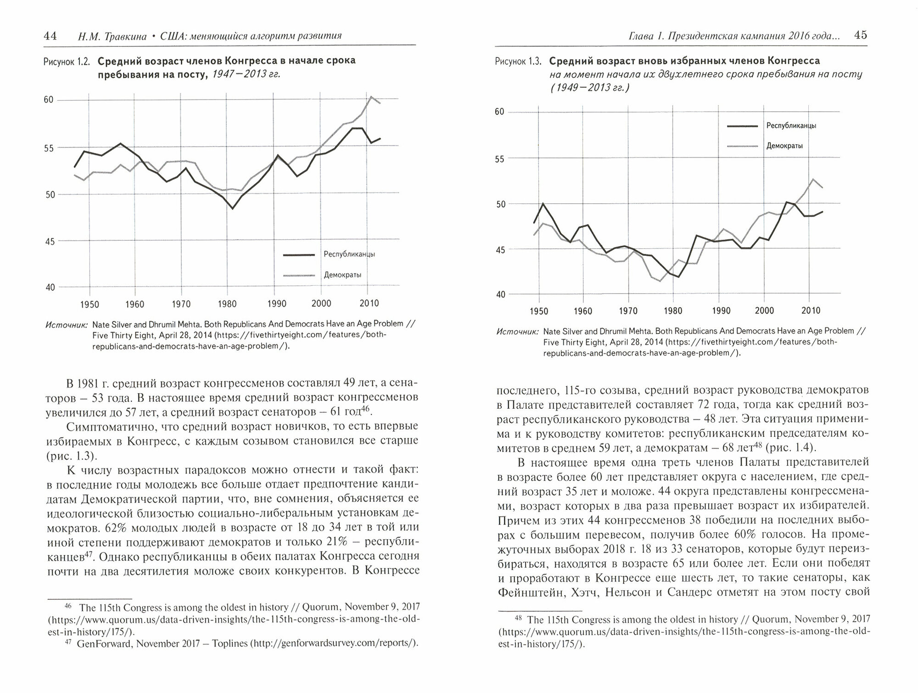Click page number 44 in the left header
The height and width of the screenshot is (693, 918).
50,36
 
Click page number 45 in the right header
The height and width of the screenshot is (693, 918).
861,35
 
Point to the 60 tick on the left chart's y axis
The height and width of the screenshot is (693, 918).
49,100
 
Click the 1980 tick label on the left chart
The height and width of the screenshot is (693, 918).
228,304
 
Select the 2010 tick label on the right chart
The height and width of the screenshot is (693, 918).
811,311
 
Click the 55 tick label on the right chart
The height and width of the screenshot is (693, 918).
499,159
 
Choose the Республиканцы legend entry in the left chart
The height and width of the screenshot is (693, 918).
349,254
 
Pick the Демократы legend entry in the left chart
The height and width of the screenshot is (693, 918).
342,275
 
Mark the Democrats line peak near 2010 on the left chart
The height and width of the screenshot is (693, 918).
371,96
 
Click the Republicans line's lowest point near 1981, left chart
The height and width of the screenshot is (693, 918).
233,209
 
